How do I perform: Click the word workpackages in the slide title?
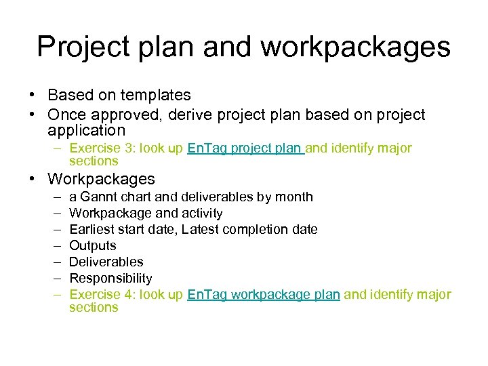pos(355,47)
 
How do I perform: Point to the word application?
pos(87,130)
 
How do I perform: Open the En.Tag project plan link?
pos(245,148)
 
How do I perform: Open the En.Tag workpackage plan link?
pos(263,294)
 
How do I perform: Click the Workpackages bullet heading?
pos(101,180)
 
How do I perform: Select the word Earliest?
pos(93,229)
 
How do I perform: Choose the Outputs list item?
pos(93,245)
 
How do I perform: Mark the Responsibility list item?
pos(110,278)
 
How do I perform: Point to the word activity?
pos(201,213)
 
